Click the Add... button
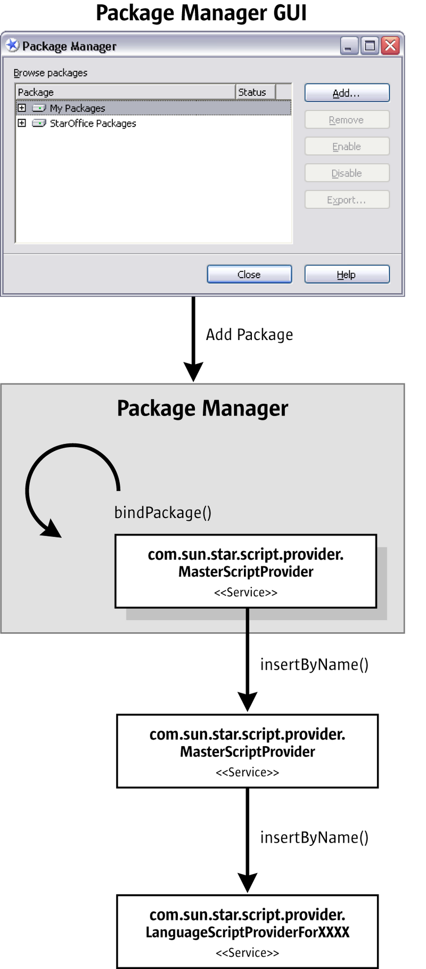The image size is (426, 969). (347, 93)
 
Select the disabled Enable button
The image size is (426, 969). (347, 146)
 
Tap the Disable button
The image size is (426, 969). (347, 173)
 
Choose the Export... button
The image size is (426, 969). (347, 199)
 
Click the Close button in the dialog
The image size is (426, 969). (249, 274)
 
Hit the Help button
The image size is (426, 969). (347, 274)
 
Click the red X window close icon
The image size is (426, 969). (390, 46)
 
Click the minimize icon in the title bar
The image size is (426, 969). (348, 46)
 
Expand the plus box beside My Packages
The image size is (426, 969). (22, 108)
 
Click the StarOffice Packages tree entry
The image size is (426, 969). (93, 123)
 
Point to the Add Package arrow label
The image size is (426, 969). (249, 335)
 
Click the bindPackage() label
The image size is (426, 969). (163, 512)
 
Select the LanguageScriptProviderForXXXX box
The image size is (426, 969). (247, 931)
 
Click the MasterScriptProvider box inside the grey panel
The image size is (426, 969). (245, 571)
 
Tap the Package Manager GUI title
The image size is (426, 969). (201, 13)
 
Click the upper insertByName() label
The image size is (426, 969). (314, 665)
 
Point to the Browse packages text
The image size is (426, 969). (51, 72)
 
